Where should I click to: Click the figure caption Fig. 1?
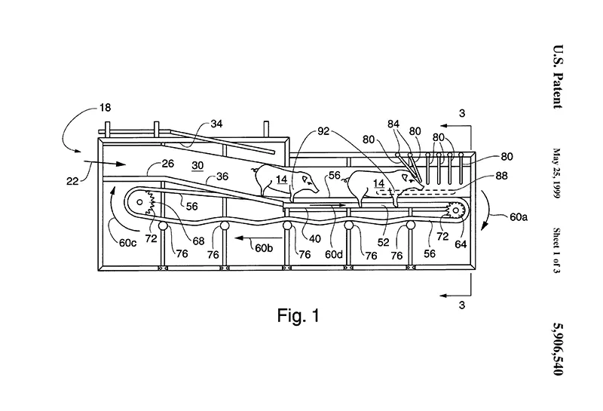click(298, 315)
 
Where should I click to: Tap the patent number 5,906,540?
click(558, 348)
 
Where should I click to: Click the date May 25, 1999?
click(556, 173)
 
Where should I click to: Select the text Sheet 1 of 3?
click(556, 250)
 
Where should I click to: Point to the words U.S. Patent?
click(558, 77)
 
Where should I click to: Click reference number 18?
click(105, 107)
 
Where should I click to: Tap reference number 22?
click(72, 181)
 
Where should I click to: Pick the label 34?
click(216, 124)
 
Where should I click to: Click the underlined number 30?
click(197, 166)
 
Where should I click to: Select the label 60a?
click(519, 217)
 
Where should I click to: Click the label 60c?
click(127, 244)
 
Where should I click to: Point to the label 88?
click(501, 176)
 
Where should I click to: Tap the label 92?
click(323, 131)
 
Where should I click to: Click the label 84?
click(393, 124)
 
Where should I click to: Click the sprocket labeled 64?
click(456, 210)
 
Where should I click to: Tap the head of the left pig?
click(309, 182)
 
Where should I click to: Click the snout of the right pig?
click(421, 187)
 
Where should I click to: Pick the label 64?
click(461, 244)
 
